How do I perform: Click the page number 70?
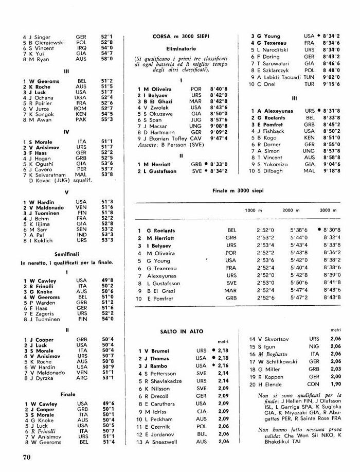(27, 457)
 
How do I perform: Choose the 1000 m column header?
(250, 211)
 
